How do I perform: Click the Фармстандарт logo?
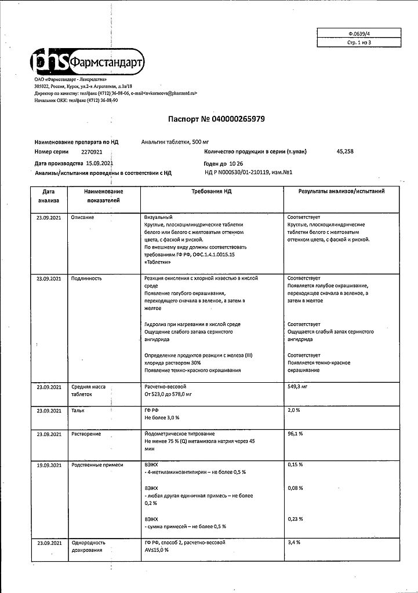(87, 62)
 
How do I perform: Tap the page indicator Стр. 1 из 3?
(351, 43)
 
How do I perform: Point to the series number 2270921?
(92, 151)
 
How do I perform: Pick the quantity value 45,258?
(344, 151)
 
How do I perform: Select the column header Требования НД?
(211, 191)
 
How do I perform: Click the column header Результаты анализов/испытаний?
(341, 191)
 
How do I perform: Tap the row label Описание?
(83, 217)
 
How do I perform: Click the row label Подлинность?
(86, 279)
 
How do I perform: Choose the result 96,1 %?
(295, 434)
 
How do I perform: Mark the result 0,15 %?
(295, 465)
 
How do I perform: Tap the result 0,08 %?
(295, 488)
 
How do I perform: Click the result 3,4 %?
(293, 543)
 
